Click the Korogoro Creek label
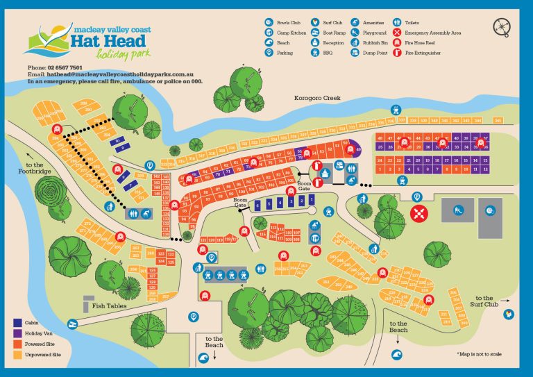(318, 99)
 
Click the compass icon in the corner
(502, 27)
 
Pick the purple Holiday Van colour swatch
(17, 333)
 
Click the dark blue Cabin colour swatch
(17, 323)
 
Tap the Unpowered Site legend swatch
(17, 354)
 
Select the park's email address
(111, 74)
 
